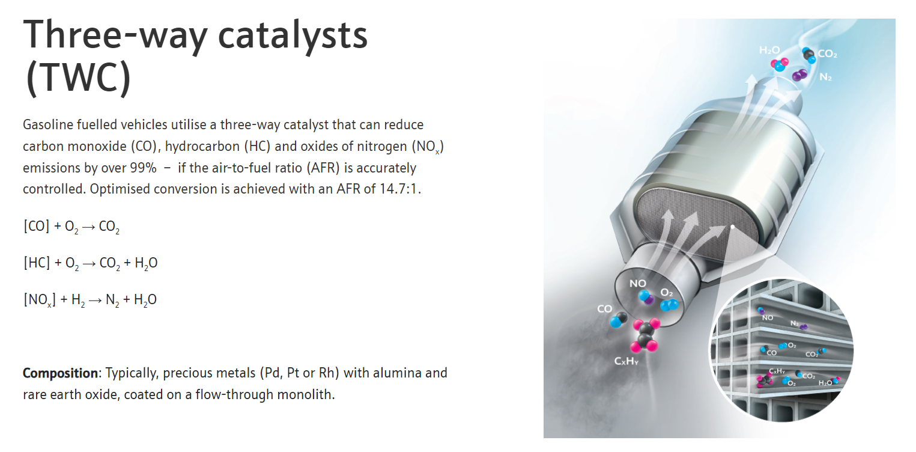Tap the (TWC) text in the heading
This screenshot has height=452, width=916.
(x=78, y=78)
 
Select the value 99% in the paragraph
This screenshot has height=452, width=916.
(x=143, y=168)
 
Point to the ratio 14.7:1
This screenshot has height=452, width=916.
(x=398, y=189)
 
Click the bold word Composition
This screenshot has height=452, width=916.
(x=60, y=373)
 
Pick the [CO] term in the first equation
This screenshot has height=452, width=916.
(x=37, y=226)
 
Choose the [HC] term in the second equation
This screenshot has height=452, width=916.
(x=37, y=263)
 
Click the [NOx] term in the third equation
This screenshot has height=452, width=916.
(x=40, y=300)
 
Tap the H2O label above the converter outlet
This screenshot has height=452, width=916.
(x=769, y=50)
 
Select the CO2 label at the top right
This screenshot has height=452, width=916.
(x=827, y=53)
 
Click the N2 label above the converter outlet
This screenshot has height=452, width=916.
(x=825, y=77)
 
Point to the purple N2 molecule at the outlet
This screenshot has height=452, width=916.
(x=799, y=75)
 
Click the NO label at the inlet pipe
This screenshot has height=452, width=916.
(x=637, y=283)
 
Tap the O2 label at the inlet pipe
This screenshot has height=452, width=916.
(x=667, y=293)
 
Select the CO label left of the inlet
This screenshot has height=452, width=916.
(x=604, y=309)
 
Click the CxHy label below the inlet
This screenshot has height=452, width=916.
(x=626, y=361)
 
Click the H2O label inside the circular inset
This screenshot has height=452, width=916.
(x=825, y=383)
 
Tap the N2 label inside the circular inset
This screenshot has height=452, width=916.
(x=794, y=323)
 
